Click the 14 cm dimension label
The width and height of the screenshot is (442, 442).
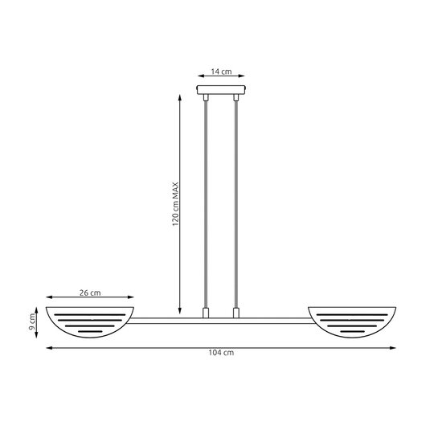221,72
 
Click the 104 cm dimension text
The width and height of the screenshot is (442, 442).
222,354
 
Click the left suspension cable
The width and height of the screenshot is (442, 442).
207,201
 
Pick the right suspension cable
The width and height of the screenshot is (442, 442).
235,201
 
